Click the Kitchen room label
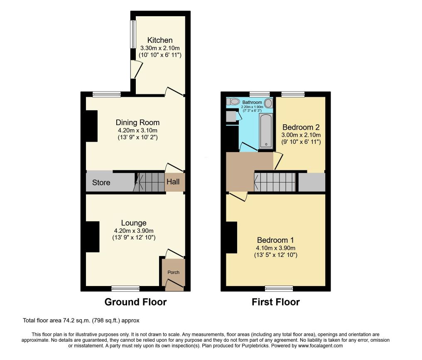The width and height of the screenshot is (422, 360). coord(160,40)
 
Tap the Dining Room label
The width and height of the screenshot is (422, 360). coord(137,123)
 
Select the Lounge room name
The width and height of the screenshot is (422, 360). coord(134,223)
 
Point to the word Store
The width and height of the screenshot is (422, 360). coord(101,182)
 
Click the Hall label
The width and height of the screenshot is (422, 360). coord(173,182)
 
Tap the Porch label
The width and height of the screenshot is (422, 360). coord(173,272)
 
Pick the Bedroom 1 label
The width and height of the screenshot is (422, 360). coord(275,240)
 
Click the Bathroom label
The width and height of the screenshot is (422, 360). coord(252,102)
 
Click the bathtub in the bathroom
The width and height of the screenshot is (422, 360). coord(266,131)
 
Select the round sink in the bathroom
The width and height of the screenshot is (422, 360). coord(268,103)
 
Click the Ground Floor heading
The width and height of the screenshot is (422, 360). coord(136,302)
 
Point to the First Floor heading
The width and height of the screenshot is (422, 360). coord(276,302)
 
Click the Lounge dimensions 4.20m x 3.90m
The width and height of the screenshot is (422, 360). coord(134,231)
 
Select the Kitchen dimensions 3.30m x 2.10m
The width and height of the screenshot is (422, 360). coord(160,48)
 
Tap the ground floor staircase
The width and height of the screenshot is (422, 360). coord(149,182)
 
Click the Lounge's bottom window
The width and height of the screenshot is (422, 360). coord(126,288)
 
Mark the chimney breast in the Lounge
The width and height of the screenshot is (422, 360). coord(93,237)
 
